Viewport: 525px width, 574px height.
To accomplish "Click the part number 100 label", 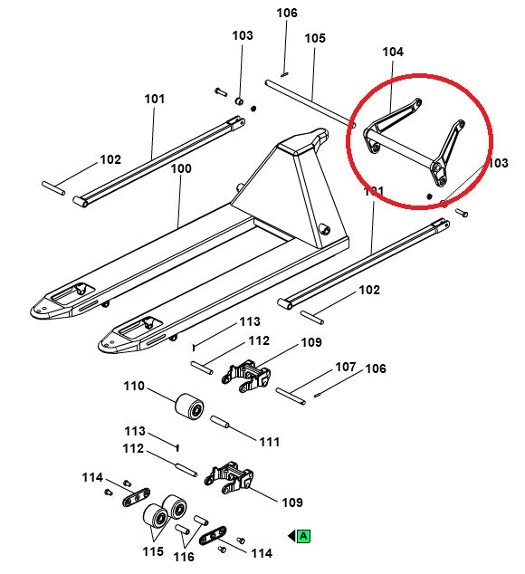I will click(181, 168).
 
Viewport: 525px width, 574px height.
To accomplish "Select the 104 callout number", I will click(393, 53).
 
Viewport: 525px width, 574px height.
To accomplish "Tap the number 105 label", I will click(314, 38).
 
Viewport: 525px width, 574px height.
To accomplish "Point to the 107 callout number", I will click(346, 368).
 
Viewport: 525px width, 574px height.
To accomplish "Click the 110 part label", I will click(134, 387).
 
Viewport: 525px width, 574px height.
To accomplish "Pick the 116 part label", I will click(184, 557).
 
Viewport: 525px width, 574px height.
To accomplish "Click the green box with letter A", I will click(304, 536).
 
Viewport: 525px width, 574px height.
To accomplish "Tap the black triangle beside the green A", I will click(291, 536).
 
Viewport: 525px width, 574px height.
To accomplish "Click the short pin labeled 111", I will click(223, 422).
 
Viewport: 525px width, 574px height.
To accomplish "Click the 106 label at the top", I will click(286, 13).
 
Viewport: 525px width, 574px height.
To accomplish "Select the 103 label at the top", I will click(243, 35).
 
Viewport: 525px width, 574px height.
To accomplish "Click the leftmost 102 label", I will click(110, 159).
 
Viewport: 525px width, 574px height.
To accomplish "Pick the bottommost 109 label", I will click(291, 502).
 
